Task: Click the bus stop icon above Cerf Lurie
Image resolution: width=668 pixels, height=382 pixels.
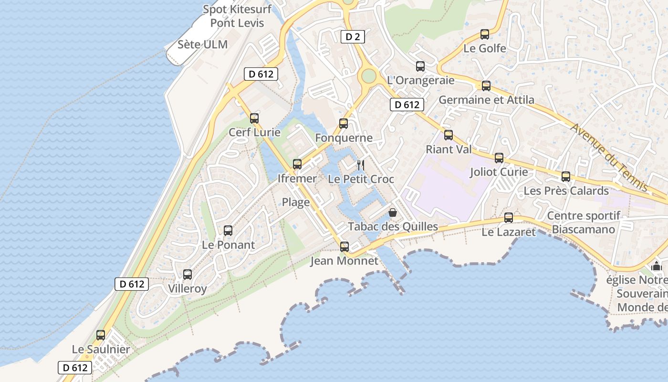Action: (254, 118)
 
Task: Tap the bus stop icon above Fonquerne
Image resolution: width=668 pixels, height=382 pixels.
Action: (344, 124)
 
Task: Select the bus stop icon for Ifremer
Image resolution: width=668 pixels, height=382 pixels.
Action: (297, 164)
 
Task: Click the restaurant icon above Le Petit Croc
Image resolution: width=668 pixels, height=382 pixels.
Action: (361, 165)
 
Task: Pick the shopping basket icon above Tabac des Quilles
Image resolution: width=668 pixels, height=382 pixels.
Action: (393, 212)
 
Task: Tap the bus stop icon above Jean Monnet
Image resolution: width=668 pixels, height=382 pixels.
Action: (344, 247)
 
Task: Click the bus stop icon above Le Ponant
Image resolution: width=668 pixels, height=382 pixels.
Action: (228, 231)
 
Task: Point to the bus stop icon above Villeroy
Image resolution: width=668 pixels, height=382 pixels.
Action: (188, 275)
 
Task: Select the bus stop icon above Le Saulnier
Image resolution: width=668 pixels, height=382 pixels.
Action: (101, 335)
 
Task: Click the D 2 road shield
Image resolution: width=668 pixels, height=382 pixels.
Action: (353, 37)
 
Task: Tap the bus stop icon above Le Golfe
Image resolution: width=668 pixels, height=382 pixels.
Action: (485, 34)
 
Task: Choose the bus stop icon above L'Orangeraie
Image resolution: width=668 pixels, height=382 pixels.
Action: (420, 66)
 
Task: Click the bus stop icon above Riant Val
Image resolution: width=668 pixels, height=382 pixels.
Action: (449, 135)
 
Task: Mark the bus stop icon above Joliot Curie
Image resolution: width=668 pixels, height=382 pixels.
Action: (499, 158)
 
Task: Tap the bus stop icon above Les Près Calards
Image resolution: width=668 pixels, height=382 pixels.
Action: (566, 177)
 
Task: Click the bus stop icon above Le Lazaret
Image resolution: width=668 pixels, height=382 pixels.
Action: (509, 218)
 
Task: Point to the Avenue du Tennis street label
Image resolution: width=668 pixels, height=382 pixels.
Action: (609, 157)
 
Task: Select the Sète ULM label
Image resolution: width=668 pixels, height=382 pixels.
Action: (202, 44)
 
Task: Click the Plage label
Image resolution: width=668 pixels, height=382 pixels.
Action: (296, 202)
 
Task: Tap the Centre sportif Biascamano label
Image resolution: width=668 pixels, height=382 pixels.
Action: (584, 223)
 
